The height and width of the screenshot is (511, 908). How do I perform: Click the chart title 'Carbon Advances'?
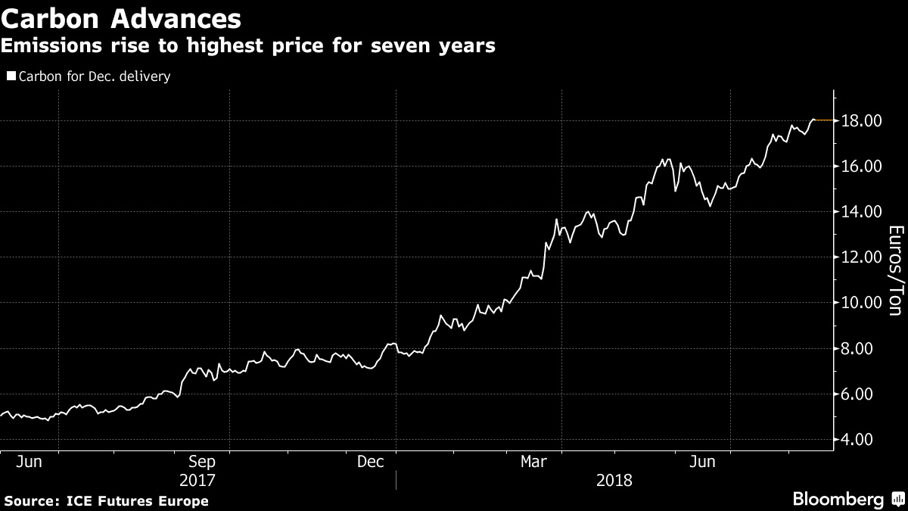(121, 17)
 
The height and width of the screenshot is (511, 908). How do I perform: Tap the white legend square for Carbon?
(11, 76)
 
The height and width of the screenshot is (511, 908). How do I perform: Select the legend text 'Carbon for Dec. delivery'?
(95, 76)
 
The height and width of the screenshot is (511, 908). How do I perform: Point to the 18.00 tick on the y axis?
(861, 121)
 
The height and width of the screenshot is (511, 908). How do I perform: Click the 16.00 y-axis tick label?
(861, 167)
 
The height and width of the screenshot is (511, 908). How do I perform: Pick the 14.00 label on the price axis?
(861, 212)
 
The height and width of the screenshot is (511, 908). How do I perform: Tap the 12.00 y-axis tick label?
(861, 257)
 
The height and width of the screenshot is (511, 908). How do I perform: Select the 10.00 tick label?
(861, 303)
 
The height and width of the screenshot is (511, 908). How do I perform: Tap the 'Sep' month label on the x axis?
(202, 461)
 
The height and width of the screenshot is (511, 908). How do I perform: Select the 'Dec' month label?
(372, 461)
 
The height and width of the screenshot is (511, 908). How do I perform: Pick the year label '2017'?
(197, 480)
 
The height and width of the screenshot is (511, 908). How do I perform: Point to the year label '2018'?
(614, 480)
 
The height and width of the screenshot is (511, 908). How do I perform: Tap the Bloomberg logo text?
(838, 499)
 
